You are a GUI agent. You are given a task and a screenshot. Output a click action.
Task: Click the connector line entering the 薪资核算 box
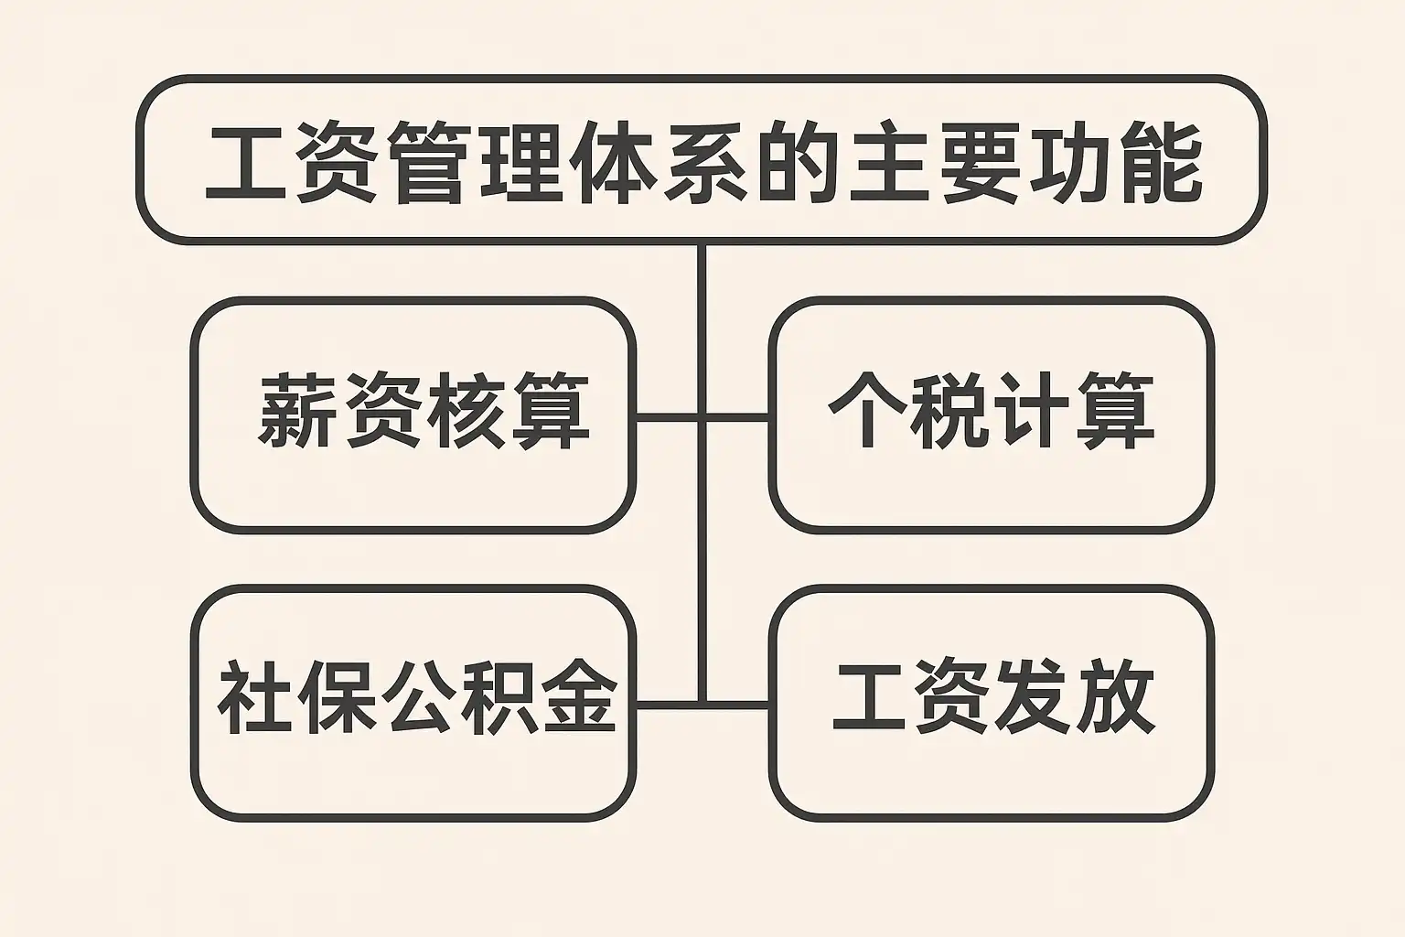(668, 417)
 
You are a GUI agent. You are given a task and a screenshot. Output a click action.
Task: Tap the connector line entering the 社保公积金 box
(668, 705)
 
